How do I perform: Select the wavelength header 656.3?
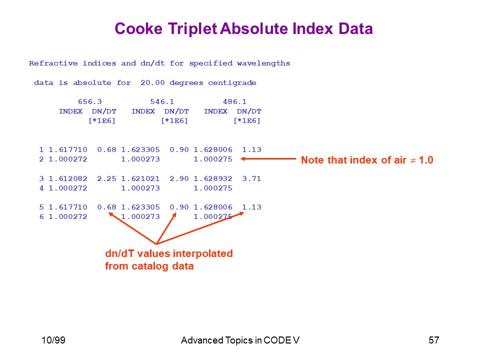pos(89,101)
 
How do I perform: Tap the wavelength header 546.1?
pos(162,101)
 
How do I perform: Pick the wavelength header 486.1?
pos(234,101)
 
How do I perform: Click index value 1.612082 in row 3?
pos(68,178)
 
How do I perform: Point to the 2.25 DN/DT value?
pos(106,178)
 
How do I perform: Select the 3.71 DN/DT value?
pos(251,178)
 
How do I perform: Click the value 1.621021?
pos(140,178)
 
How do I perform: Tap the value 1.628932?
pos(213,178)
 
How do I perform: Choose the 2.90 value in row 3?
pos(179,178)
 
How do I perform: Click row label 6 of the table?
pos(41,216)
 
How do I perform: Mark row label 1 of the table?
pos(41,149)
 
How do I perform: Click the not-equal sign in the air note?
pos(412,160)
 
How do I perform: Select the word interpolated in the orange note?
pos(202,253)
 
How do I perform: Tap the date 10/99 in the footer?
pos(53,340)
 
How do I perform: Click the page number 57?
pos(434,340)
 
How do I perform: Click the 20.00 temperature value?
pos(152,82)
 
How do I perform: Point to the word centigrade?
pos(232,83)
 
